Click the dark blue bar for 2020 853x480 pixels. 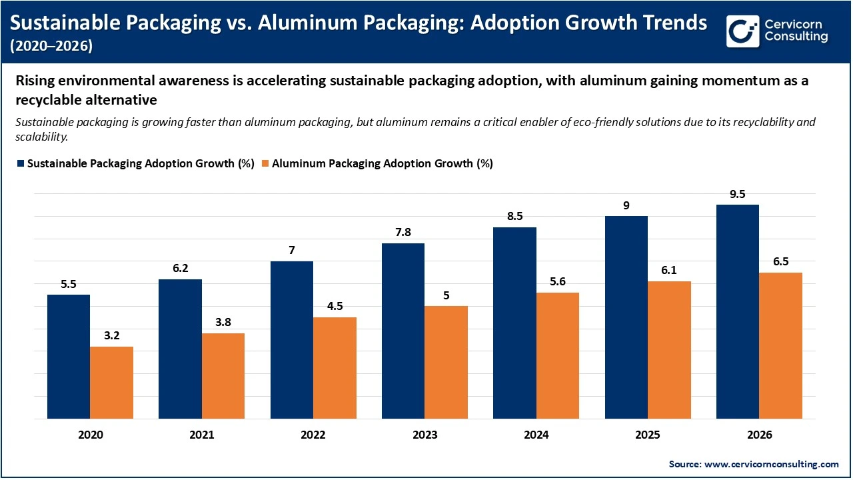(x=68, y=357)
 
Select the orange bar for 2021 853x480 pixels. (x=223, y=376)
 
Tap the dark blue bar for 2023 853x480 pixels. (x=403, y=331)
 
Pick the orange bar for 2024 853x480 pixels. (x=558, y=355)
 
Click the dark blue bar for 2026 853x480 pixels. (x=737, y=311)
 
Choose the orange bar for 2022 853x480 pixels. (x=335, y=368)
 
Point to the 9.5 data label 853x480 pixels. (x=737, y=195)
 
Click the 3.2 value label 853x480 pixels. (x=111, y=336)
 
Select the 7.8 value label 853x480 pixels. (x=403, y=233)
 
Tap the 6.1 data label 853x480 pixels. (x=669, y=271)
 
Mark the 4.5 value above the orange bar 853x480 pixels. (x=335, y=307)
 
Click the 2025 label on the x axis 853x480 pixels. (x=648, y=435)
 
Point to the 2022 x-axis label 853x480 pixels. (x=313, y=435)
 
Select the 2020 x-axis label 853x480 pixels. (x=90, y=435)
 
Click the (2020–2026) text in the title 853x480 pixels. (x=51, y=46)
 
